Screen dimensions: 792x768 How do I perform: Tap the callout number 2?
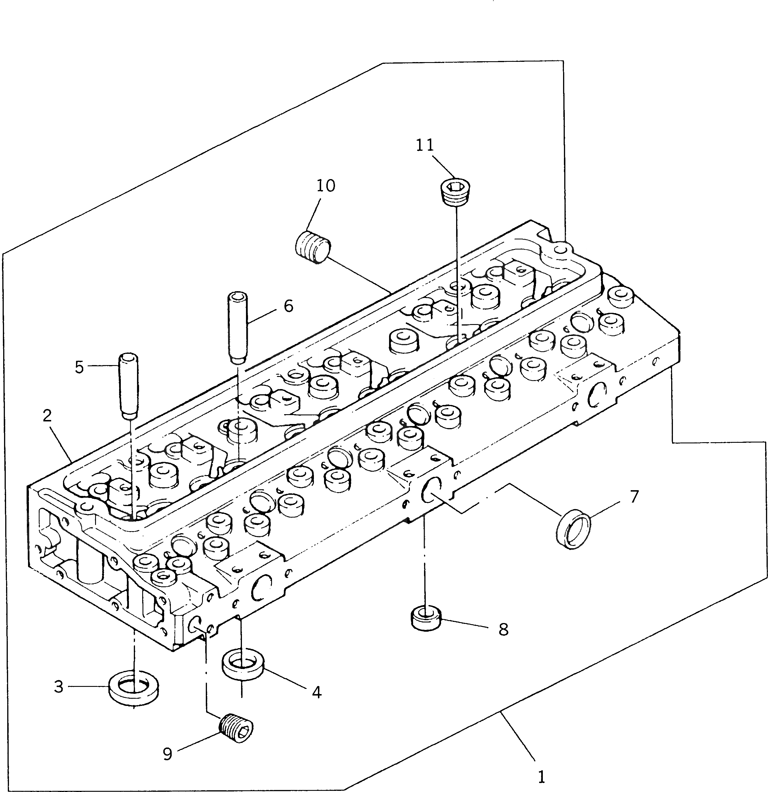(x=47, y=416)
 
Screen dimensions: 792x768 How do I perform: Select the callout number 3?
(x=59, y=687)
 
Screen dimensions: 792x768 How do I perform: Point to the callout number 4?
(x=317, y=692)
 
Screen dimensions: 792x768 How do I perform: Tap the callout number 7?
(x=634, y=496)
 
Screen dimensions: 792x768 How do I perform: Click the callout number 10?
(x=325, y=186)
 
